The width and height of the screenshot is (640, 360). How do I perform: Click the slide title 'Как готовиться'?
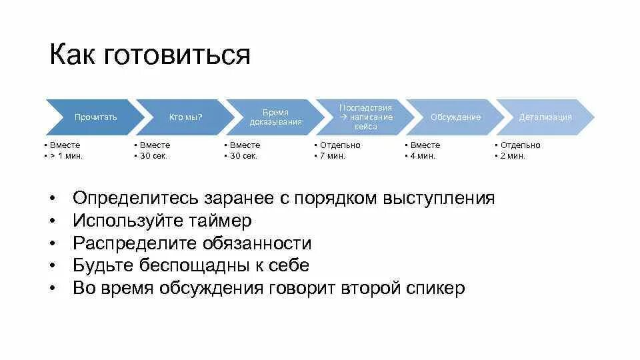coord(149,55)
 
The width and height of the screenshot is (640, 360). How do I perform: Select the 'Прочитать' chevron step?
coord(95,117)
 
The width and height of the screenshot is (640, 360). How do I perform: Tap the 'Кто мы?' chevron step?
coord(185,117)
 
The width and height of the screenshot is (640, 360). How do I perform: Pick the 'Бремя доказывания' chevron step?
coord(275,117)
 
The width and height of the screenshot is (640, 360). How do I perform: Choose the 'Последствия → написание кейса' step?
coord(365,117)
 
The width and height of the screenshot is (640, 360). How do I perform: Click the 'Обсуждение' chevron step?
coord(455,117)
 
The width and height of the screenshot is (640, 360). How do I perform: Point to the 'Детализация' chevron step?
coord(545,117)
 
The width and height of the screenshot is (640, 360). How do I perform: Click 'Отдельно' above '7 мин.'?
coord(339,145)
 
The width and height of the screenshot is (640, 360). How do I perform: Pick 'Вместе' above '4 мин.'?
coord(425,145)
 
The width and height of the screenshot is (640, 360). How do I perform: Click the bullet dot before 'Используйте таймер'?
coord(51,221)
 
